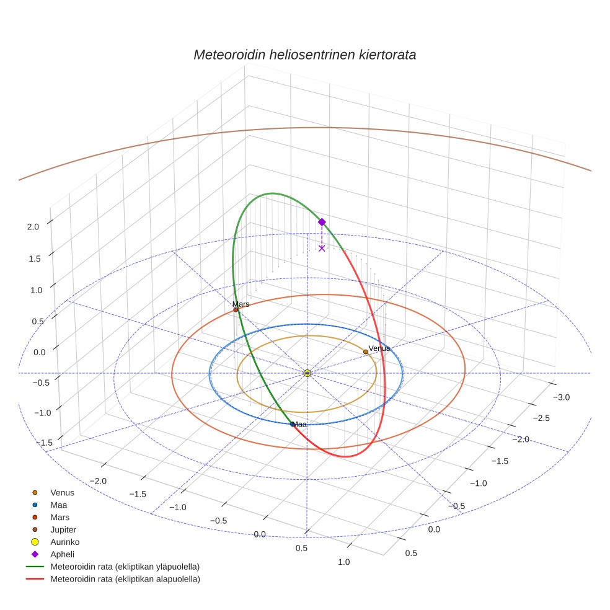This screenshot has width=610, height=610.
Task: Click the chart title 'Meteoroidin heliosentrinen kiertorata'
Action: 304,55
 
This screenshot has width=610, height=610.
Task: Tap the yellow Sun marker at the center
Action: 307,373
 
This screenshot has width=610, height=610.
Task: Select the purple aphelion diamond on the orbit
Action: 322,222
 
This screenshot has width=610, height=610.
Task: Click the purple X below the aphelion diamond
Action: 322,248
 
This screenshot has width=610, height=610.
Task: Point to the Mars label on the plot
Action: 241,304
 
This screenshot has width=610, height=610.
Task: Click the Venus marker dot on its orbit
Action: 366,351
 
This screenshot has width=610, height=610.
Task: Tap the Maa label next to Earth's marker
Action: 300,425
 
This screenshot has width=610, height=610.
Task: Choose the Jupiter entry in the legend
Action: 63,529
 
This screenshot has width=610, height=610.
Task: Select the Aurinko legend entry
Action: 64,542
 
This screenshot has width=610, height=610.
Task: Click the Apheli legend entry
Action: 62,554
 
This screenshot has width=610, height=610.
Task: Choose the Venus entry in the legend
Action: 62,492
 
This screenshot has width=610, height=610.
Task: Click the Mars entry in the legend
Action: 60,517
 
